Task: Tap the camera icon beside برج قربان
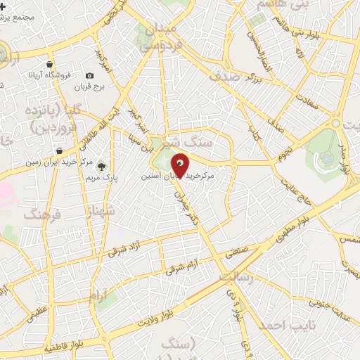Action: [89, 76]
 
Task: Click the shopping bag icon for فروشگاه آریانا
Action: [49, 63]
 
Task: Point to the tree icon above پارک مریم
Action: [102, 167]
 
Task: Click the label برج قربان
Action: [90, 89]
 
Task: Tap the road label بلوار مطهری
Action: [321, 214]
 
